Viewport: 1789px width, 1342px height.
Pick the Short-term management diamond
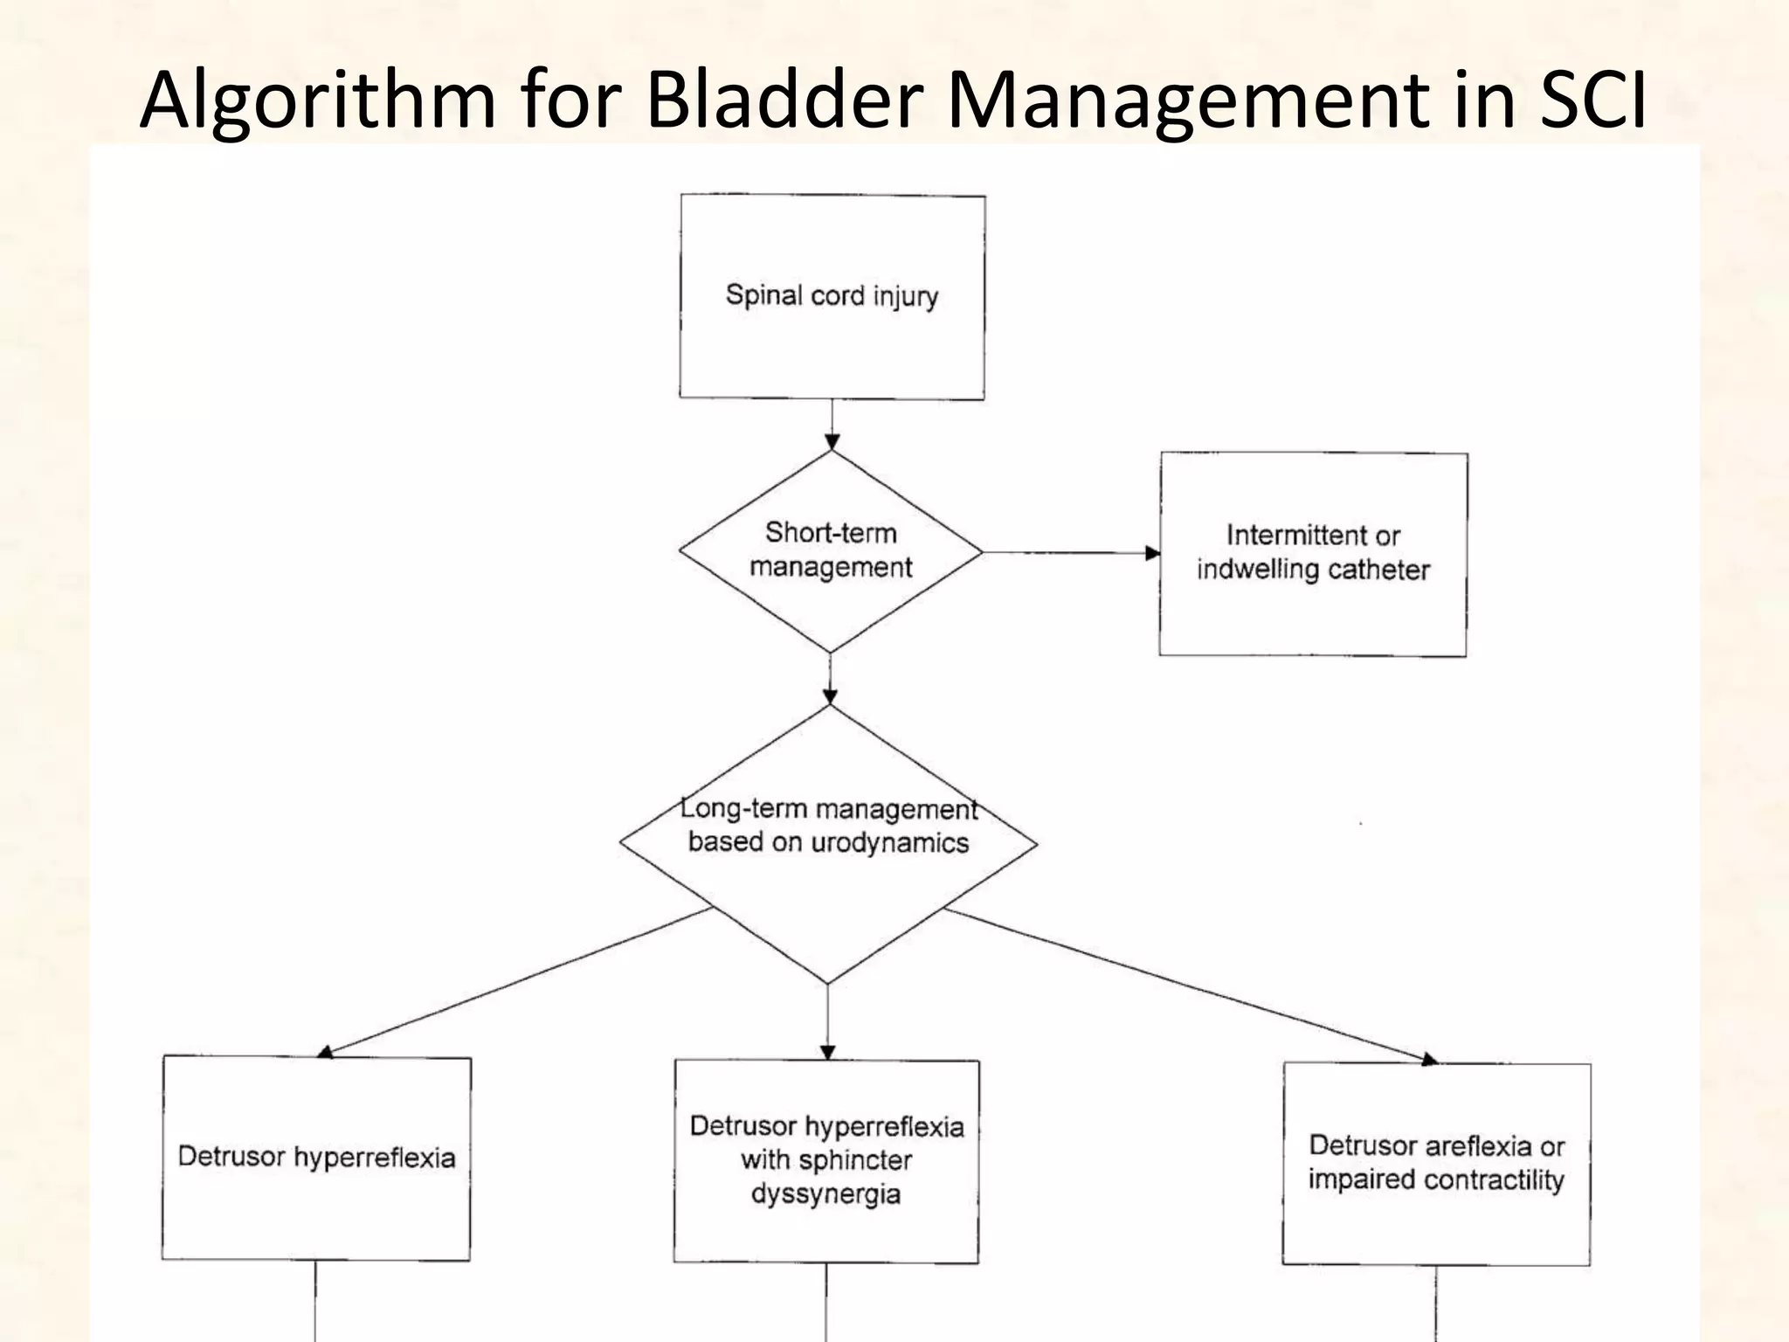tap(831, 550)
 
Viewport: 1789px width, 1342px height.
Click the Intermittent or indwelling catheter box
tap(1313, 553)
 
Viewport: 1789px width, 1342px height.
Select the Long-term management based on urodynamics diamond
tap(828, 843)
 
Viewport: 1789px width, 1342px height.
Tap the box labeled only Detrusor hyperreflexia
tap(316, 1158)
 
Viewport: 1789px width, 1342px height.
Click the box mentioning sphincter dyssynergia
tap(826, 1160)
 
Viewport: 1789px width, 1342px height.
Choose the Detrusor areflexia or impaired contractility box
tap(1436, 1163)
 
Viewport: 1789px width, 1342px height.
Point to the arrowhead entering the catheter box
tap(1152, 553)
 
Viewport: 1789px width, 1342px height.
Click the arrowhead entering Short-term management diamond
tap(832, 442)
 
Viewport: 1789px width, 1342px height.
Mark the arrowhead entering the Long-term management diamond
tap(830, 696)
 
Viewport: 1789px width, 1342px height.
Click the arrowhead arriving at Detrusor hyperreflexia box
tap(325, 1052)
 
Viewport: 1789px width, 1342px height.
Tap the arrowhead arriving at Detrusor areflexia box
tap(1429, 1060)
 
